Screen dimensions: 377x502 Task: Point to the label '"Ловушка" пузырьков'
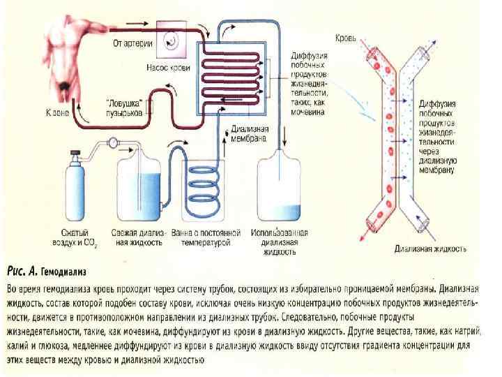[x=125, y=106]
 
